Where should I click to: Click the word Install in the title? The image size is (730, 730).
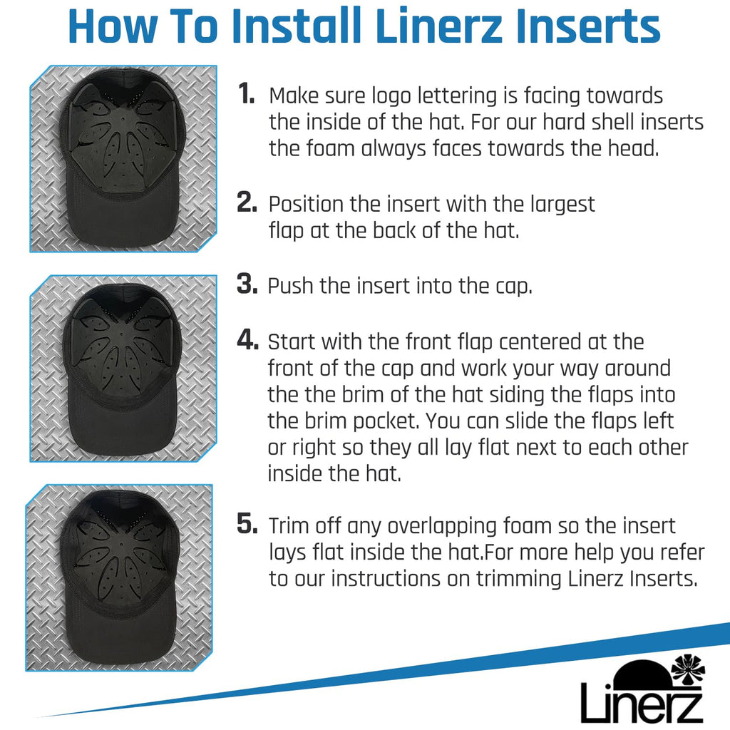[x=297, y=26]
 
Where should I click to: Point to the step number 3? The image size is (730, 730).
[x=247, y=284]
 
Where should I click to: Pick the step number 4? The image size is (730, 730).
[x=247, y=339]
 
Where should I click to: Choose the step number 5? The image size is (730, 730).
[x=247, y=523]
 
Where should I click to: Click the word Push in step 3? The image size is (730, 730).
[x=290, y=286]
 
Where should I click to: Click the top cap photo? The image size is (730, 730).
[x=123, y=159]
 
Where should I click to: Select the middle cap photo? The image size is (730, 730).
[x=123, y=369]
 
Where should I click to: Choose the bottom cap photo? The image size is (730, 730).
[x=119, y=577]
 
